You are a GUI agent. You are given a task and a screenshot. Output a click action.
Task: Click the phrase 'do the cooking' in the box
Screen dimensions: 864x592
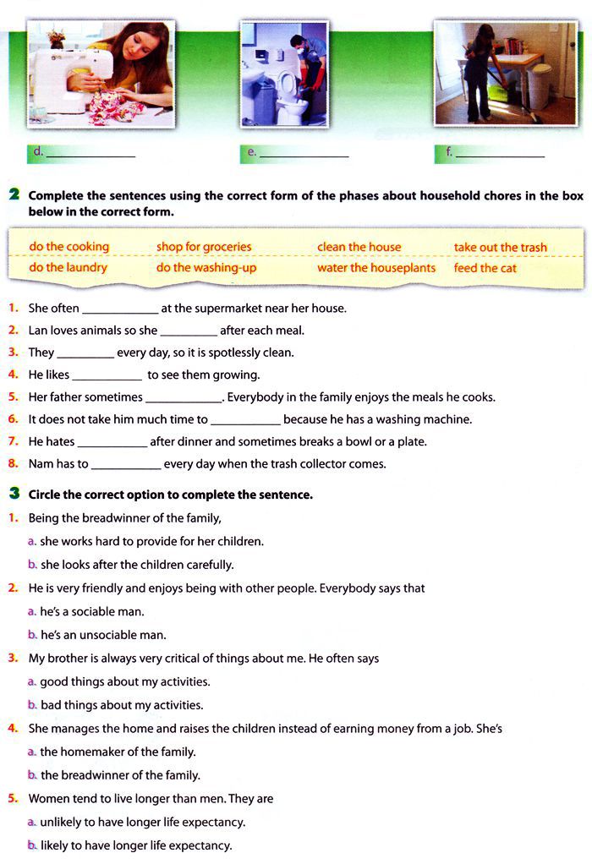[69, 247]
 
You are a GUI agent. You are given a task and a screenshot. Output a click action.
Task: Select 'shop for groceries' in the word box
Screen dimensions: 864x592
[204, 247]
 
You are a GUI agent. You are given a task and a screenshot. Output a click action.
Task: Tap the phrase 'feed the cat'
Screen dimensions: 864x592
[485, 268]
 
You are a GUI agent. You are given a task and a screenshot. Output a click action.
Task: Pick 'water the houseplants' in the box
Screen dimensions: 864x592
[376, 268]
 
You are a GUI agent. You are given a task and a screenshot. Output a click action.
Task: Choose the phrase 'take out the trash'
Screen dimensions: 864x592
[500, 247]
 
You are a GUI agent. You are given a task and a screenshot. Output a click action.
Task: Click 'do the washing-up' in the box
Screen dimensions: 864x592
[206, 268]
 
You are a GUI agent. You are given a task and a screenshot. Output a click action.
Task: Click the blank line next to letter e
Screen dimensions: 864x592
[304, 155]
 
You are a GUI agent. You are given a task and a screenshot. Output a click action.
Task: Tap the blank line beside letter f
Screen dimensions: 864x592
[500, 155]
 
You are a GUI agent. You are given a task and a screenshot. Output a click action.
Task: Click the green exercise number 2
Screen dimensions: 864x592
[14, 195]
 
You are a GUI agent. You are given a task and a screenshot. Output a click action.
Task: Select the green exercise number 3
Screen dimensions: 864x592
[14, 494]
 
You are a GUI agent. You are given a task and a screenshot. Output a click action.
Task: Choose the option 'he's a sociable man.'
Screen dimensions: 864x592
[92, 611]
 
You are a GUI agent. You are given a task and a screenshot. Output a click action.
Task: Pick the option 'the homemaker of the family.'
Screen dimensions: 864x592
[118, 752]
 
